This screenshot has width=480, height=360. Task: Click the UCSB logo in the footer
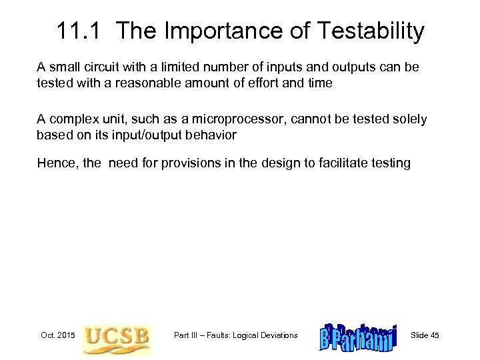[117, 335]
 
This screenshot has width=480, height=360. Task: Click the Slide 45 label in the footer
[425, 335]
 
